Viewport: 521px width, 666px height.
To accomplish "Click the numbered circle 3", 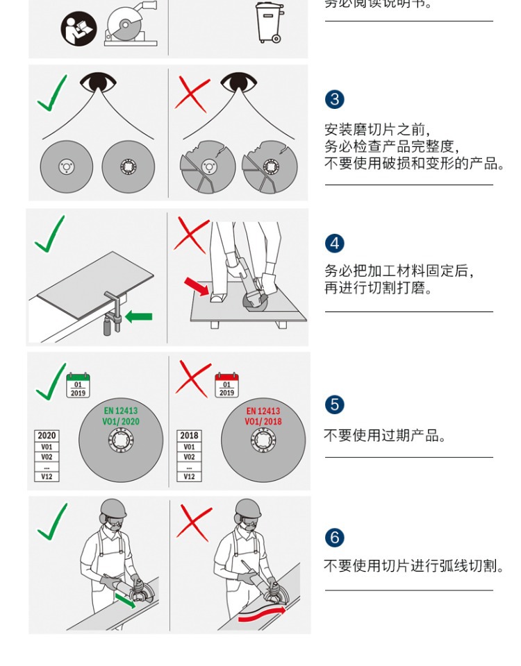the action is point(334,99).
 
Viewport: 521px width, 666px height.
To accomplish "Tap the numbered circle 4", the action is point(334,244).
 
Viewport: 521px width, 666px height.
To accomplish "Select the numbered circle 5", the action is point(334,404).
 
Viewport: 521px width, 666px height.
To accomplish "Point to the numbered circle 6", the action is point(334,538).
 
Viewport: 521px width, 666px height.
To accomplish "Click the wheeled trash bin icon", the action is point(270,22).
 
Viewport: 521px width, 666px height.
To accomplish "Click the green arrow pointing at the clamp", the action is point(138,316).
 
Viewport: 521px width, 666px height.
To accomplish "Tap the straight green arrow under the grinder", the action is point(125,599).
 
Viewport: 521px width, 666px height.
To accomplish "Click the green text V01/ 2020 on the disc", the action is point(121,421).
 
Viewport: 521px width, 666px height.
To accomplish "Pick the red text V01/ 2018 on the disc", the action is point(263,421).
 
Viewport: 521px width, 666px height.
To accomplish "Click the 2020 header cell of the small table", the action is point(47,436).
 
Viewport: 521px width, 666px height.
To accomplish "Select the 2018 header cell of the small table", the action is point(189,436).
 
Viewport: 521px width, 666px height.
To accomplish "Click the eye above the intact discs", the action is point(97,83).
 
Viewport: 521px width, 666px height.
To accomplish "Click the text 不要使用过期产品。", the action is point(385,436).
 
